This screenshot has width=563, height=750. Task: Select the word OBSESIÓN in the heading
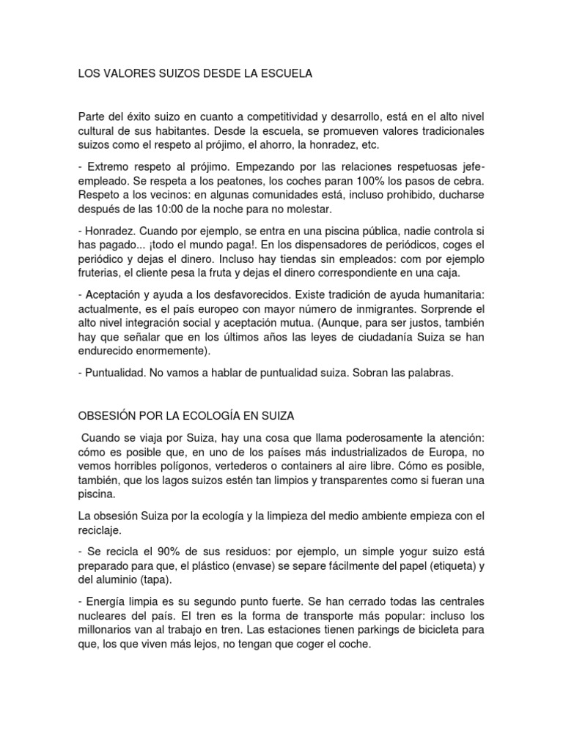click(x=107, y=415)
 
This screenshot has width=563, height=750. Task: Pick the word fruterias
click(x=102, y=272)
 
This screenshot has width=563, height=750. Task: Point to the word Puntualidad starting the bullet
click(x=114, y=373)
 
